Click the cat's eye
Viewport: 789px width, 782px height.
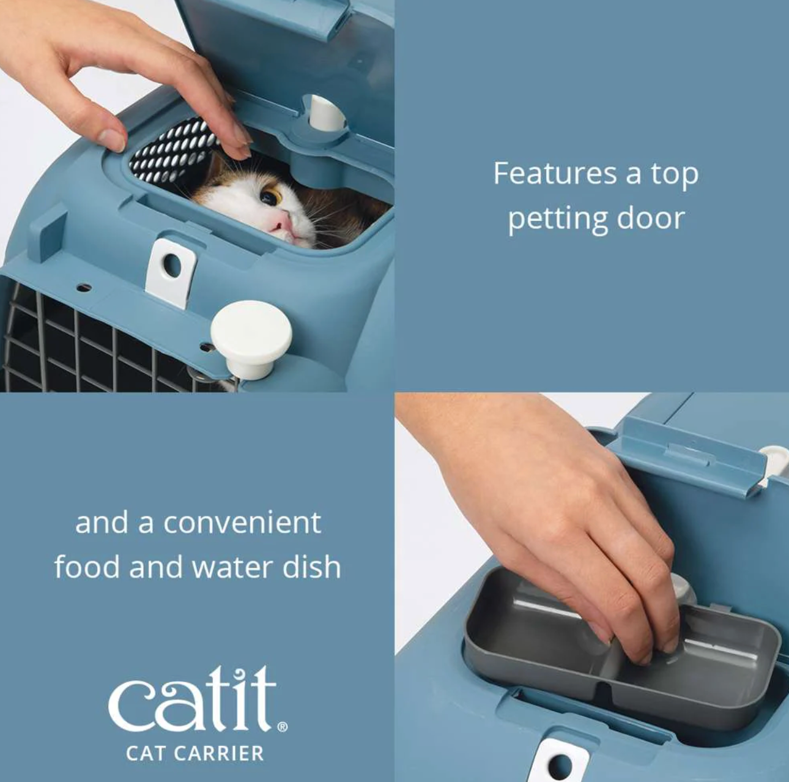point(271,197)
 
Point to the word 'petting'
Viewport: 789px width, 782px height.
point(557,219)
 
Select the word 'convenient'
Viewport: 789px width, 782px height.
point(242,523)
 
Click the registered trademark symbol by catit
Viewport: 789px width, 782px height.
point(282,728)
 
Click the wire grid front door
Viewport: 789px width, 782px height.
point(92,343)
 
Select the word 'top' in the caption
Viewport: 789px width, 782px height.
point(673,175)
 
